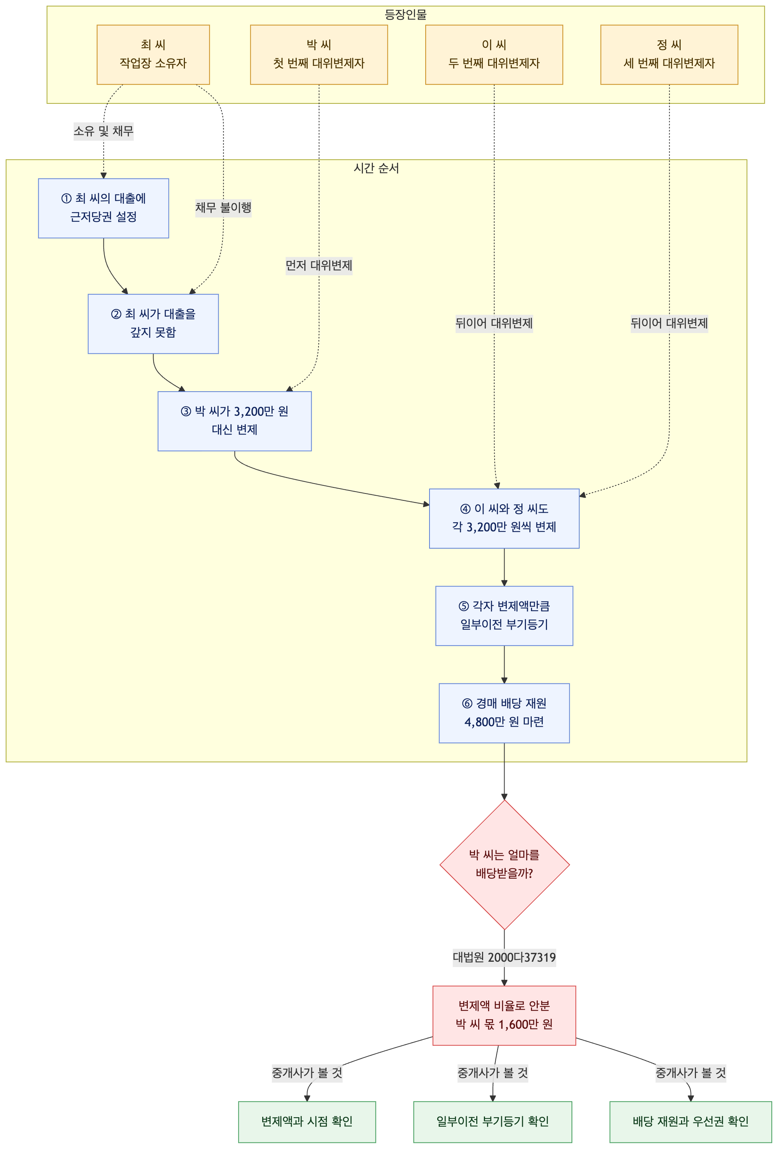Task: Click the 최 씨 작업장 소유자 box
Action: (x=153, y=55)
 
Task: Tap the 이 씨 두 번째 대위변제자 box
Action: (x=494, y=55)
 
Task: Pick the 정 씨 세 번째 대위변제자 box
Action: (x=669, y=55)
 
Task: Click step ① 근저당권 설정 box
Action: (x=103, y=208)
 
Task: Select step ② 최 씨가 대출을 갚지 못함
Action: (x=153, y=324)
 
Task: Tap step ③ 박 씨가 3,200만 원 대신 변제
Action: (x=234, y=421)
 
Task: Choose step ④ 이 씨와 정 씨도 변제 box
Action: (x=504, y=518)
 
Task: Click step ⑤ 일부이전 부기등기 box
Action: (x=504, y=616)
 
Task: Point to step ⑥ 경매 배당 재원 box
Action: (x=504, y=713)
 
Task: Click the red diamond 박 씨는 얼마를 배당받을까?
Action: (x=504, y=865)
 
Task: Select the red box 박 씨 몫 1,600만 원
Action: (x=504, y=1016)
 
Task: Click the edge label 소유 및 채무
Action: (x=103, y=131)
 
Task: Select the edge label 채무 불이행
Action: (x=223, y=208)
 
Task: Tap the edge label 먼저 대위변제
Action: (x=319, y=265)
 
